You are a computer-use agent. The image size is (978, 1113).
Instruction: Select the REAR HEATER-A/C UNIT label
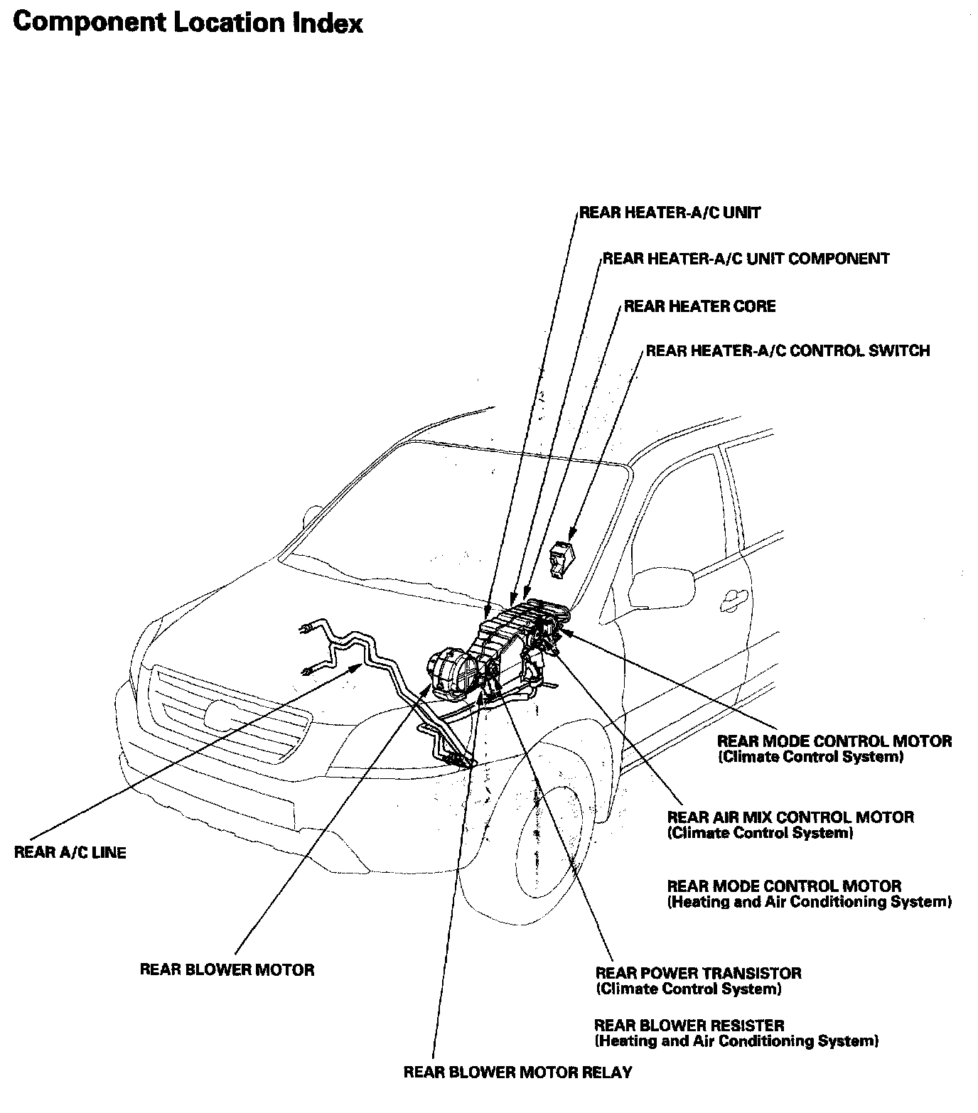tap(670, 213)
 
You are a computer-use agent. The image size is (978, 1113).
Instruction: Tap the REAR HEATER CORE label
tap(699, 306)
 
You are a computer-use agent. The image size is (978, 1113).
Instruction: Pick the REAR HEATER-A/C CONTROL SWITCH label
tap(787, 350)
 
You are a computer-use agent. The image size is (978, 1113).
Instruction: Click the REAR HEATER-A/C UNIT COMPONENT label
tap(746, 258)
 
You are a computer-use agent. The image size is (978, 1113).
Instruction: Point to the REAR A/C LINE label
tap(70, 852)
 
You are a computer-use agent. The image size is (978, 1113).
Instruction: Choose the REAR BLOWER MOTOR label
tap(227, 969)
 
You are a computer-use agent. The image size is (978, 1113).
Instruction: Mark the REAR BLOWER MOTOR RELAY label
tap(517, 1072)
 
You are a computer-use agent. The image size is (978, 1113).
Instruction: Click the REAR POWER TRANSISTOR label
tap(698, 973)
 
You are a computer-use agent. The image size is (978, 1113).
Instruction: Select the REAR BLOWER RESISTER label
tap(689, 1026)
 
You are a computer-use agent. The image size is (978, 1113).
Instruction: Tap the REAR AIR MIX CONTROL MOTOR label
tap(790, 817)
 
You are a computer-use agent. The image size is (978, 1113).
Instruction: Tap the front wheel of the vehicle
tap(547, 839)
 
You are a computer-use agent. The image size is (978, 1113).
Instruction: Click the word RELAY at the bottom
tap(606, 1072)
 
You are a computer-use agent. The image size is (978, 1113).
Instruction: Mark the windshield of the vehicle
tap(455, 512)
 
